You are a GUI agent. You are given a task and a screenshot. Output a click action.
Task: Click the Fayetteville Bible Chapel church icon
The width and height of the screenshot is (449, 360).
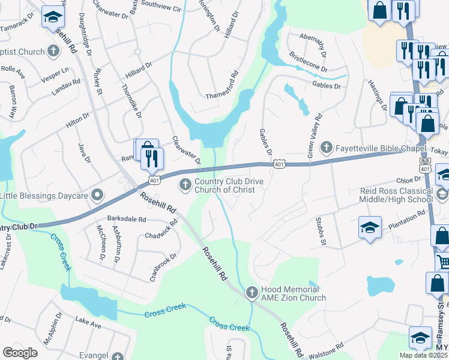(x=327, y=146)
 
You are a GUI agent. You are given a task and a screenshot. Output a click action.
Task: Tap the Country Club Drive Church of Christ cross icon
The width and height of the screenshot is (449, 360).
(x=185, y=184)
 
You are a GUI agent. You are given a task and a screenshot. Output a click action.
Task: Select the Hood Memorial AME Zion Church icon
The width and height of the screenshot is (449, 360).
(x=252, y=292)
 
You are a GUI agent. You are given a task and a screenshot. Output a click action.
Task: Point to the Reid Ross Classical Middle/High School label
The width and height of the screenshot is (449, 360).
(x=396, y=195)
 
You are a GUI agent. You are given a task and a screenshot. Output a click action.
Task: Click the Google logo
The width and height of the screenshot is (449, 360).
(x=20, y=353)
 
